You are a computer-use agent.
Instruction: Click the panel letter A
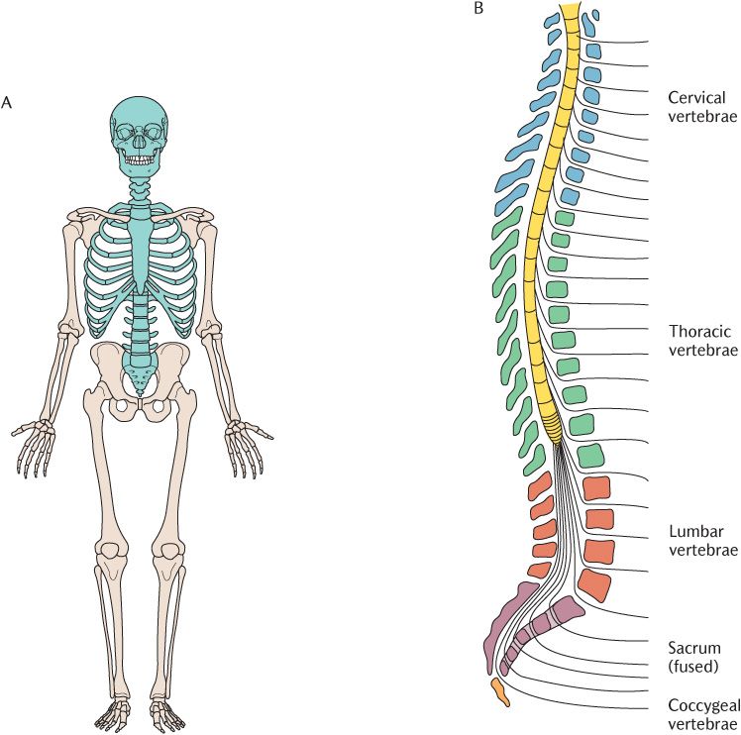[x=7, y=101]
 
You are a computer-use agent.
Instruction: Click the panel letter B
[x=479, y=9]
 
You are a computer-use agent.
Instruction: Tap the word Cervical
[x=697, y=97]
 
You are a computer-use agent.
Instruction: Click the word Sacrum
[x=694, y=647]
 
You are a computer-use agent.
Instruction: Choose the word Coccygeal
[x=702, y=705]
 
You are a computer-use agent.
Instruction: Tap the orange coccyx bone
[x=501, y=692]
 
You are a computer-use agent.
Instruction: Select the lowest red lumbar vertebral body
[x=594, y=584]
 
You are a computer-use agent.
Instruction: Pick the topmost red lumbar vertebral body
[x=597, y=488]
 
